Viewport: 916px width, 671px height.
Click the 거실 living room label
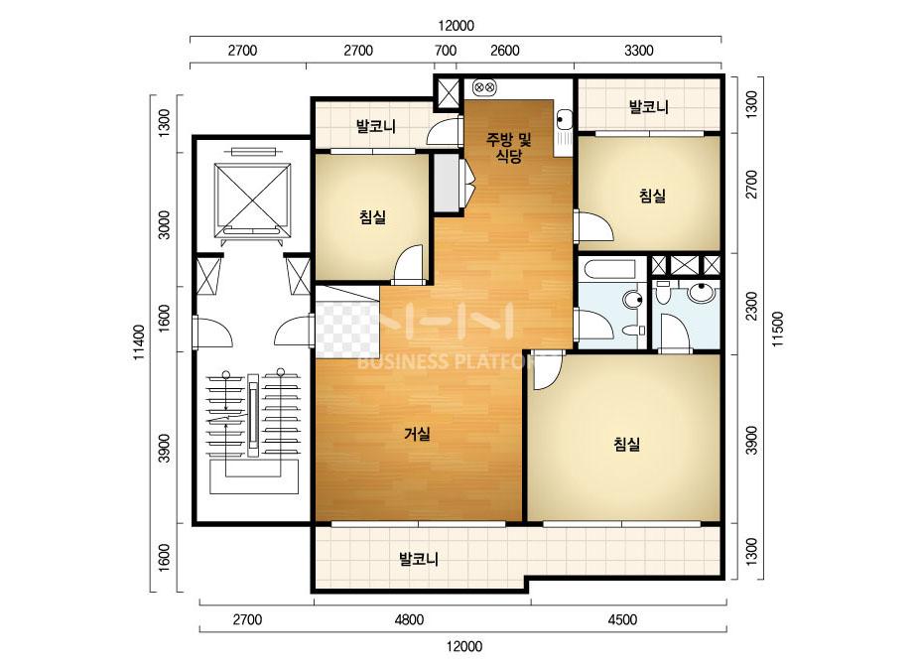[x=417, y=434]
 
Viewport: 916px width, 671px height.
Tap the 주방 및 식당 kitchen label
[x=509, y=148]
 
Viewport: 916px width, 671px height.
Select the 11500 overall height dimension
[x=778, y=330]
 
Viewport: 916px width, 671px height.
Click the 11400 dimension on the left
[x=139, y=342]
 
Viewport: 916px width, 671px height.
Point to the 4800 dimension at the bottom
[x=409, y=619]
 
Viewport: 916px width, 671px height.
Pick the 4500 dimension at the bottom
[x=622, y=619]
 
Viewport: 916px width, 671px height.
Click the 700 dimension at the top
[x=446, y=51]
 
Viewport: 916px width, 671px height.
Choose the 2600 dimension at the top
[x=505, y=51]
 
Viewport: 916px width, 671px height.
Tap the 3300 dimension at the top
[x=639, y=51]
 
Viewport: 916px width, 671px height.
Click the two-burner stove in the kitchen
[x=484, y=87]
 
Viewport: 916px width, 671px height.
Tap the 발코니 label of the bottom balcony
[x=418, y=559]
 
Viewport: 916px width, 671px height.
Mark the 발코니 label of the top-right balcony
[x=648, y=107]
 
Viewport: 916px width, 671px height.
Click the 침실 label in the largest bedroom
[x=627, y=445]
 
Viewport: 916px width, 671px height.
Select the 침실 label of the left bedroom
[x=373, y=217]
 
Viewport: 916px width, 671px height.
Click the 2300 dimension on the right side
[x=751, y=306]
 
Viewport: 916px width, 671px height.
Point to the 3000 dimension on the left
[x=165, y=224]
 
